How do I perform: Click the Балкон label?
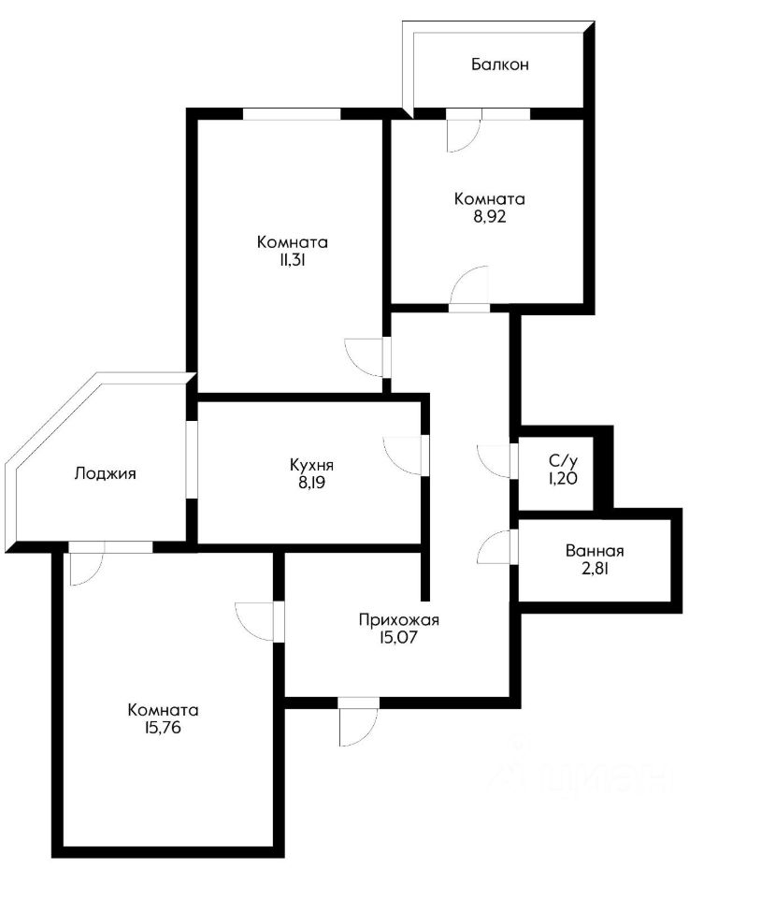(x=500, y=65)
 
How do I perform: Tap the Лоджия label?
(x=106, y=473)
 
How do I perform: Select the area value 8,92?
(x=489, y=216)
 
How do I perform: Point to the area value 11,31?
(x=293, y=261)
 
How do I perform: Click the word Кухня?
(x=311, y=464)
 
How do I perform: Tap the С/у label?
(x=562, y=460)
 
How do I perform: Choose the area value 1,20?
(x=562, y=478)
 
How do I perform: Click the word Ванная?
(x=595, y=552)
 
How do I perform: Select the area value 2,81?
(x=595, y=569)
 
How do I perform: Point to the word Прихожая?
(x=399, y=619)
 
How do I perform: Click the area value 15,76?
(x=164, y=728)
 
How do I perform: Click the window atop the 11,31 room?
(x=292, y=114)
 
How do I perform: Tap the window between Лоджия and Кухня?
(x=191, y=459)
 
